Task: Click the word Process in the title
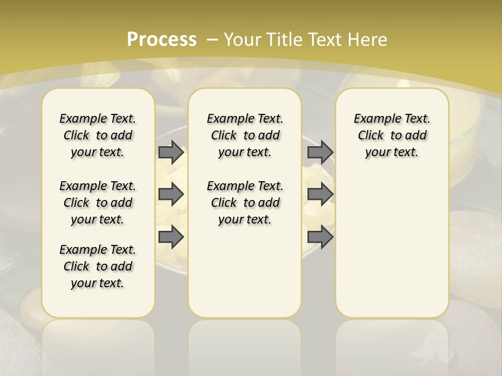click(162, 39)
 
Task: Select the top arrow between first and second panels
click(171, 152)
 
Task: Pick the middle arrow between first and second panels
click(171, 194)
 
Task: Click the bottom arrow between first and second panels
click(171, 237)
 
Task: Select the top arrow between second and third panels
click(320, 152)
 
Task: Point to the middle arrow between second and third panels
click(320, 194)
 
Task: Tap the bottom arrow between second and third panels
click(320, 237)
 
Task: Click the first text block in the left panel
click(98, 135)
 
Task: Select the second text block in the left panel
click(98, 203)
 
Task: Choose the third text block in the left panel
click(98, 266)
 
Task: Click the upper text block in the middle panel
click(245, 135)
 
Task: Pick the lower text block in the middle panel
click(245, 203)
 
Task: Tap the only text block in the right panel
click(392, 135)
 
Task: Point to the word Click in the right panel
click(371, 136)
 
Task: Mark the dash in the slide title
click(212, 39)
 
